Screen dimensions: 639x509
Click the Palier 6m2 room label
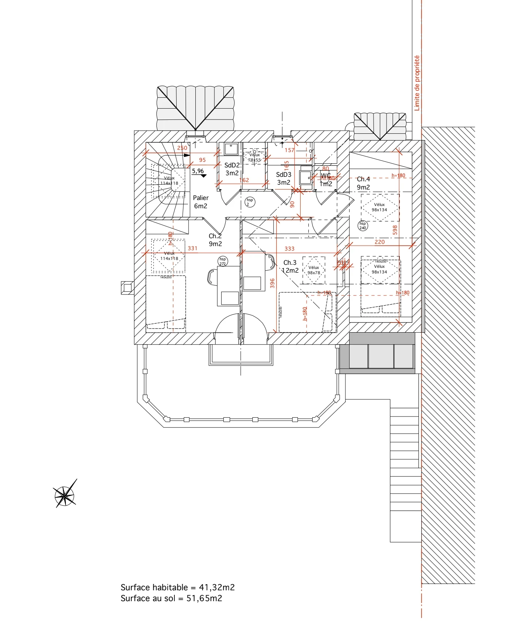pyautogui.click(x=201, y=202)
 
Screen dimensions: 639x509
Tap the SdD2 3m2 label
pyautogui.click(x=232, y=169)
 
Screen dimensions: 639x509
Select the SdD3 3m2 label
pyautogui.click(x=283, y=179)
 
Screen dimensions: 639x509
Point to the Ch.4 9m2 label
pyautogui.click(x=363, y=183)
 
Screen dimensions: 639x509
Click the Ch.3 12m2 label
pyautogui.click(x=290, y=266)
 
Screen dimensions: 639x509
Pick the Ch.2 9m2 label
pyautogui.click(x=215, y=240)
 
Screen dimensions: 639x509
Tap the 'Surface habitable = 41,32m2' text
pyautogui.click(x=177, y=587)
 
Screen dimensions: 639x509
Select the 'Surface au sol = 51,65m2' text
pyautogui.click(x=171, y=598)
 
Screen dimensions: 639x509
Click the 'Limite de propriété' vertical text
pyautogui.click(x=417, y=83)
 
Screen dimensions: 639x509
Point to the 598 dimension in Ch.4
pyautogui.click(x=395, y=230)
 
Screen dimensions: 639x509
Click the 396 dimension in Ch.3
pyautogui.click(x=272, y=283)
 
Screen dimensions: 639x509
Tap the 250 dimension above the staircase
pyautogui.click(x=182, y=148)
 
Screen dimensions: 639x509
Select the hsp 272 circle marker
pyautogui.click(x=223, y=261)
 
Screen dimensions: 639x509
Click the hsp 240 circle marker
pyautogui.click(x=363, y=225)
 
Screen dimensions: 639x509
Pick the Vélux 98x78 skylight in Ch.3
pyautogui.click(x=314, y=270)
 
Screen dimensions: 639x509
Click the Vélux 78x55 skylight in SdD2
pyautogui.click(x=254, y=157)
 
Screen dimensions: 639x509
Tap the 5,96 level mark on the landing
pyautogui.click(x=198, y=171)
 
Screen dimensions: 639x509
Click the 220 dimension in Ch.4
pyautogui.click(x=380, y=242)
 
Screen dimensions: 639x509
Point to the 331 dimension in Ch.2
pyautogui.click(x=192, y=248)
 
